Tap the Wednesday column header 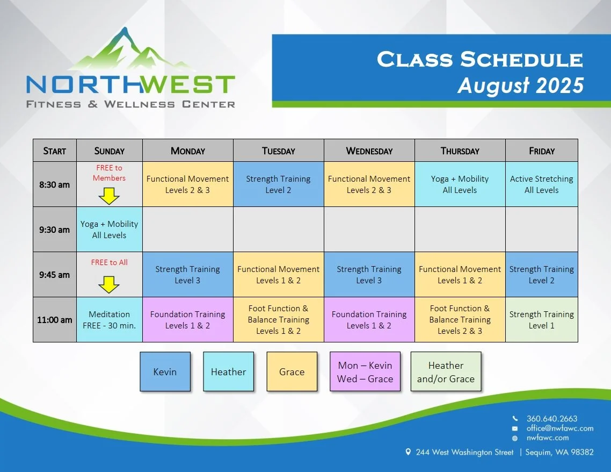(369, 151)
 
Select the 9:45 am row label (54, 275)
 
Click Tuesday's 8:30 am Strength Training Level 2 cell (278, 184)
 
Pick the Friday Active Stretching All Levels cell (541, 184)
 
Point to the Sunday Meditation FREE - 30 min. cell (110, 320)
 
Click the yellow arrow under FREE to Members (109, 196)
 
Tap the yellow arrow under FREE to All (109, 284)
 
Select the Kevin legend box (165, 371)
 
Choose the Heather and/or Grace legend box (446, 372)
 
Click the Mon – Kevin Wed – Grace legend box (365, 372)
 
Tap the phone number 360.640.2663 (552, 418)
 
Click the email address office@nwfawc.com (559, 428)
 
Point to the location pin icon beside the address (409, 452)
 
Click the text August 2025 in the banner (520, 85)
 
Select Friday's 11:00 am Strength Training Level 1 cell (541, 320)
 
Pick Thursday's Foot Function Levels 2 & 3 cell (460, 320)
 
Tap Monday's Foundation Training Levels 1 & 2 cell (187, 320)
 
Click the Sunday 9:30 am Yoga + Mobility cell (110, 230)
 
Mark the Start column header (54, 151)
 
